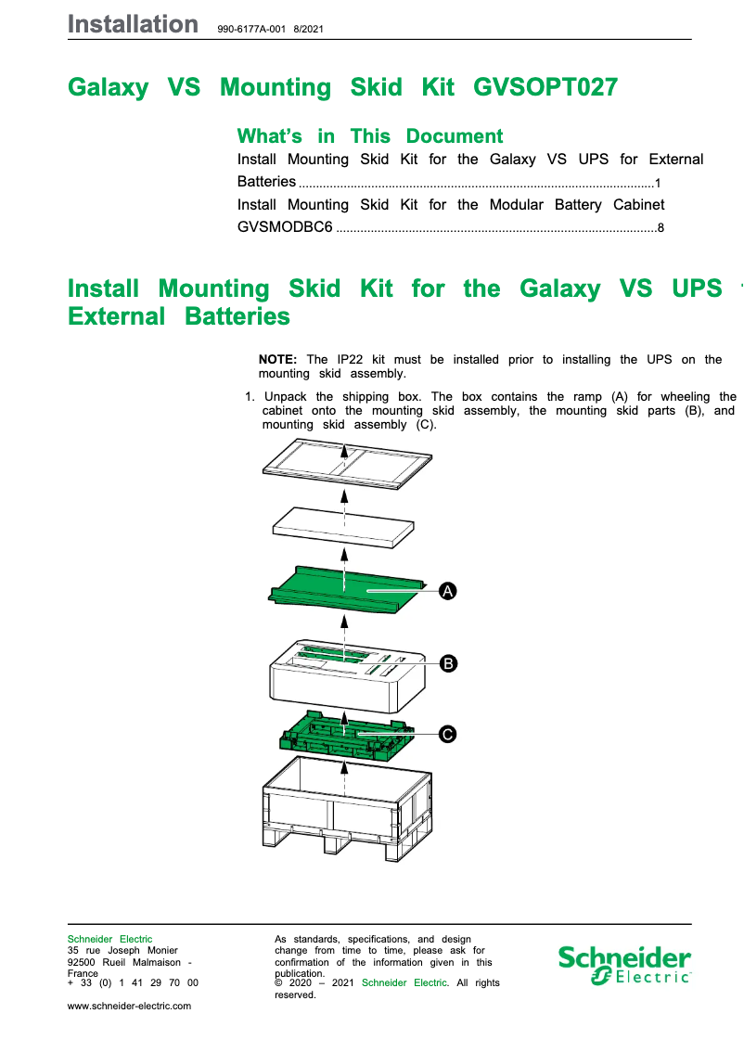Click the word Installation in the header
click(x=133, y=25)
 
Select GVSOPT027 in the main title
click(x=545, y=87)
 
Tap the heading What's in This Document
click(x=370, y=136)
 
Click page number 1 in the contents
click(x=658, y=183)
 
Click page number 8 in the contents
click(x=661, y=227)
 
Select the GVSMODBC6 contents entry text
click(x=285, y=226)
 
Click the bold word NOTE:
click(x=277, y=360)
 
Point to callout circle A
click(x=448, y=591)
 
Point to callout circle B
click(x=448, y=663)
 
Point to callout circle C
click(x=448, y=735)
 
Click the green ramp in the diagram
click(x=343, y=594)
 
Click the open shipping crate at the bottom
click(x=347, y=807)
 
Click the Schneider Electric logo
click(x=624, y=965)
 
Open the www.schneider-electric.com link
click(x=130, y=1006)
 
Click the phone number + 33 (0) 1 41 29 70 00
click(x=133, y=982)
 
